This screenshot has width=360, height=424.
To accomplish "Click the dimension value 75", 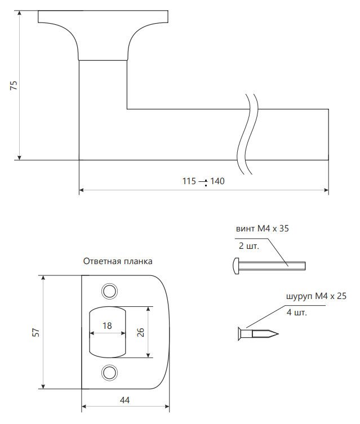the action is pyautogui.click(x=14, y=86).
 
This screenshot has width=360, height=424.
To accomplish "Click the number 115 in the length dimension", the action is pyautogui.click(x=189, y=181).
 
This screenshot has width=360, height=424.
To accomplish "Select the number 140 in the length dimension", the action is pyautogui.click(x=217, y=181).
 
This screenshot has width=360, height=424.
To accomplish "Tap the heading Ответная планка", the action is pyautogui.click(x=118, y=261).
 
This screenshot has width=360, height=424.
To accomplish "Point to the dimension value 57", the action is pyautogui.click(x=35, y=332).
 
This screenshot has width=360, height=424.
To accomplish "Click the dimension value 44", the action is pyautogui.click(x=125, y=400).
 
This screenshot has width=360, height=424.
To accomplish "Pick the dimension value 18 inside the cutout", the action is pyautogui.click(x=107, y=325).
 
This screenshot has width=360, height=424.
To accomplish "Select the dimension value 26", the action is pyautogui.click(x=141, y=332).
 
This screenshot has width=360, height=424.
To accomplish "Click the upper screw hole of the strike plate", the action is pyautogui.click(x=109, y=291).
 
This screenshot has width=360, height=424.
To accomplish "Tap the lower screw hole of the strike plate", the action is pyautogui.click(x=109, y=373).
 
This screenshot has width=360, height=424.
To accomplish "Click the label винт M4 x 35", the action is pyautogui.click(x=263, y=229).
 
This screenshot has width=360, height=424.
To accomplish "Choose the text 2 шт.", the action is pyautogui.click(x=249, y=246).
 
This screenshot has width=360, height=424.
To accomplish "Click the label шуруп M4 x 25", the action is pyautogui.click(x=316, y=296).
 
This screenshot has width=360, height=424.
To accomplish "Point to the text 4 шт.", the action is pyautogui.click(x=297, y=313).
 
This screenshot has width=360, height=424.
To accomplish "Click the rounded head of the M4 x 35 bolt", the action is pyautogui.click(x=235, y=266).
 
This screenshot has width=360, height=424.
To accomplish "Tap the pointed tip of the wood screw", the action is pyautogui.click(x=278, y=334).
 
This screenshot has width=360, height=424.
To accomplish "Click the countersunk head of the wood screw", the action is pyautogui.click(x=240, y=334).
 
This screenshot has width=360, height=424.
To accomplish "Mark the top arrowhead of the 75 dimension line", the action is pyautogui.click(x=19, y=14).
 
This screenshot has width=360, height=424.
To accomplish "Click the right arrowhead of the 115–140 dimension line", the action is pyautogui.click(x=326, y=190).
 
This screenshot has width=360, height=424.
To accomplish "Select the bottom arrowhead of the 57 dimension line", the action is pyautogui.click(x=43, y=386).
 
